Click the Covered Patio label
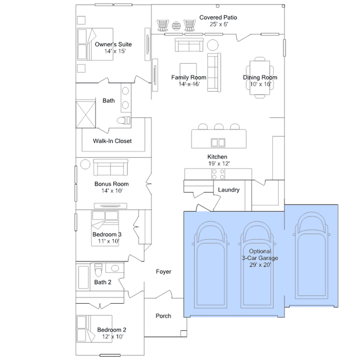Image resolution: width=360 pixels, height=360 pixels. pyautogui.click(x=218, y=17)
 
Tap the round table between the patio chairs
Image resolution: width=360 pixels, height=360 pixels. pyautogui.click(x=176, y=26)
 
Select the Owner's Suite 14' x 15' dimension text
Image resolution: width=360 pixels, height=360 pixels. pyautogui.click(x=115, y=51)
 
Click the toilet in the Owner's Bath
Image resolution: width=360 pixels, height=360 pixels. pyautogui.click(x=123, y=121)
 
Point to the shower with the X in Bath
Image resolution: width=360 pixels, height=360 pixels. pyautogui.click(x=86, y=114)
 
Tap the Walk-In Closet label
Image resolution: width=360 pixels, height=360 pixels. pyautogui.click(x=112, y=141)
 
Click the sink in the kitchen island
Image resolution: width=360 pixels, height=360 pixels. pyautogui.click(x=218, y=143)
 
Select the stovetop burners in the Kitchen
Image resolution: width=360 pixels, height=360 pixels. pyautogui.click(x=218, y=174)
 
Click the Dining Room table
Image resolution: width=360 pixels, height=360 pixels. pyautogui.click(x=260, y=78)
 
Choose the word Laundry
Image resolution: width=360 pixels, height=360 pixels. pyautogui.click(x=229, y=190)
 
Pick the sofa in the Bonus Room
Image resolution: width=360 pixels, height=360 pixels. pyautogui.click(x=110, y=167)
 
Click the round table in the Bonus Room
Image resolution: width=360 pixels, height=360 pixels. pyautogui.click(x=85, y=165)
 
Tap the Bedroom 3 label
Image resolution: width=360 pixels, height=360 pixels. pyautogui.click(x=107, y=234)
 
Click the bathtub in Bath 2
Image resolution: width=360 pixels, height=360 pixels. pyautogui.click(x=83, y=277)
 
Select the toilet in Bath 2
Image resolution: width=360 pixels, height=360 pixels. pyautogui.click(x=98, y=270)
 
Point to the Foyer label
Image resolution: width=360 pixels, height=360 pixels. pyautogui.click(x=163, y=272)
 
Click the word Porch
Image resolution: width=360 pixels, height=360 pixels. pyautogui.click(x=163, y=316)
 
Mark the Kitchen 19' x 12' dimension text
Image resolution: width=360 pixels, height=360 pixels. pyautogui.click(x=219, y=163)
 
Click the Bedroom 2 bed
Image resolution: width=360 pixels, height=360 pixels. pyautogui.click(x=94, y=329)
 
